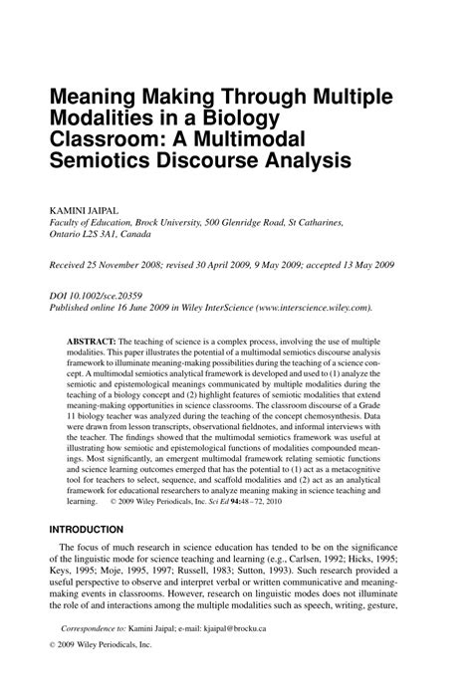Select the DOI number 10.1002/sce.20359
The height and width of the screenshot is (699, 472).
click(x=111, y=297)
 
